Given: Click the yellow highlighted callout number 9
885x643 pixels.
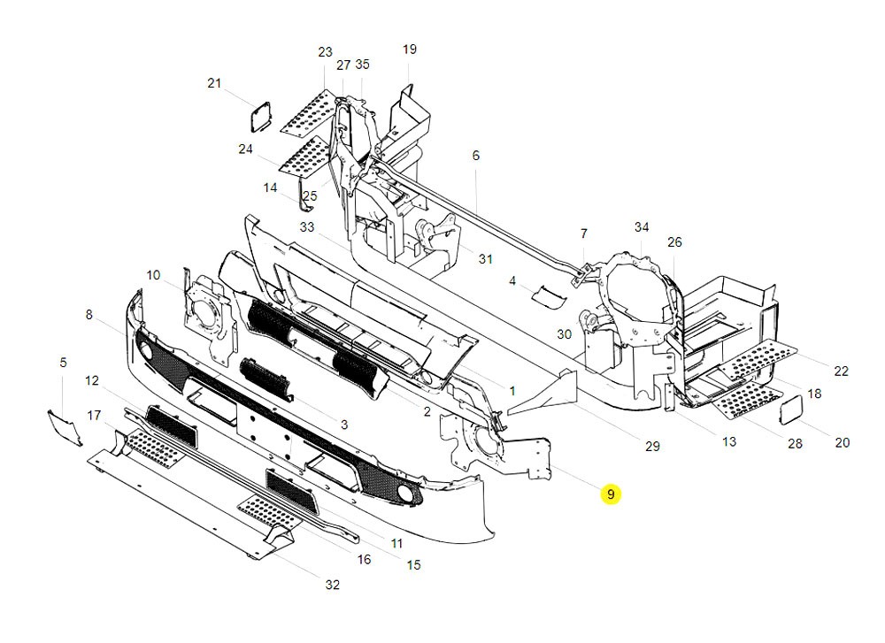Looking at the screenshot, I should [610, 494].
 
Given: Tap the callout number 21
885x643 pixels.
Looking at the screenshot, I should [214, 83].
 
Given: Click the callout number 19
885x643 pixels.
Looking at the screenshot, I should [409, 50].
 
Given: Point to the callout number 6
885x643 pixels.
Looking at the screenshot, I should [475, 156].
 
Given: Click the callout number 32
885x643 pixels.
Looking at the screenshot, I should [332, 585].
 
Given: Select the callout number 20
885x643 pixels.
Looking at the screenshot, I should [842, 442].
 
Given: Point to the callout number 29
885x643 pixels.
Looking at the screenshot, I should [652, 447].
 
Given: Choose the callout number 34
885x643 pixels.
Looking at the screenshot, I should [642, 228].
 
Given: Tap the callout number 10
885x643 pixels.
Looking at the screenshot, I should [153, 276].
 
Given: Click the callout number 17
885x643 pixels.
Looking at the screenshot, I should [95, 415].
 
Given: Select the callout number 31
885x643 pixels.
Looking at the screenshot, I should [485, 259].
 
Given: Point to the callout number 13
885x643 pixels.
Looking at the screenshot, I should [728, 441].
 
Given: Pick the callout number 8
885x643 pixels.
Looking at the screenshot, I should [88, 314].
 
